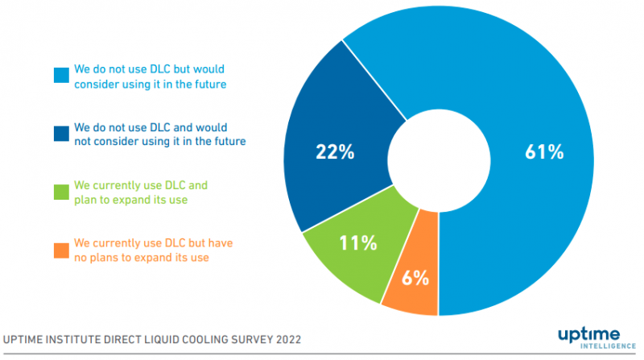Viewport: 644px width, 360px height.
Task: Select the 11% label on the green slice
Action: (359, 243)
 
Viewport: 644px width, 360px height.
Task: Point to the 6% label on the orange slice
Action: (415, 279)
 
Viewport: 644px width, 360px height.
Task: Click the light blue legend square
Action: (60, 75)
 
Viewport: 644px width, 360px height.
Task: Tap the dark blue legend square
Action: (60, 134)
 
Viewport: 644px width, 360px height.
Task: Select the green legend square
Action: (60, 191)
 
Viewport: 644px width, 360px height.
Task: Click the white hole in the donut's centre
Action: (438, 153)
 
